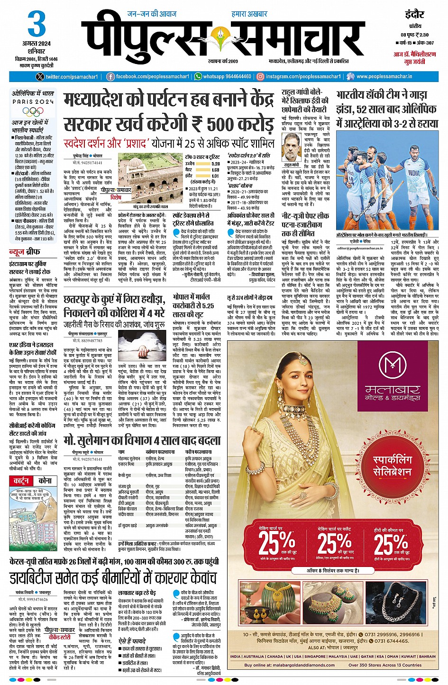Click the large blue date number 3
click(36, 24)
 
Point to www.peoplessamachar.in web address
click(384, 76)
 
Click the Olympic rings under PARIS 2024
click(33, 111)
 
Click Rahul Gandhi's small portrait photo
click(292, 147)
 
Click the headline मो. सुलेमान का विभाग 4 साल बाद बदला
click(142, 440)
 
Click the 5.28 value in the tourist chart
click(215, 164)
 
